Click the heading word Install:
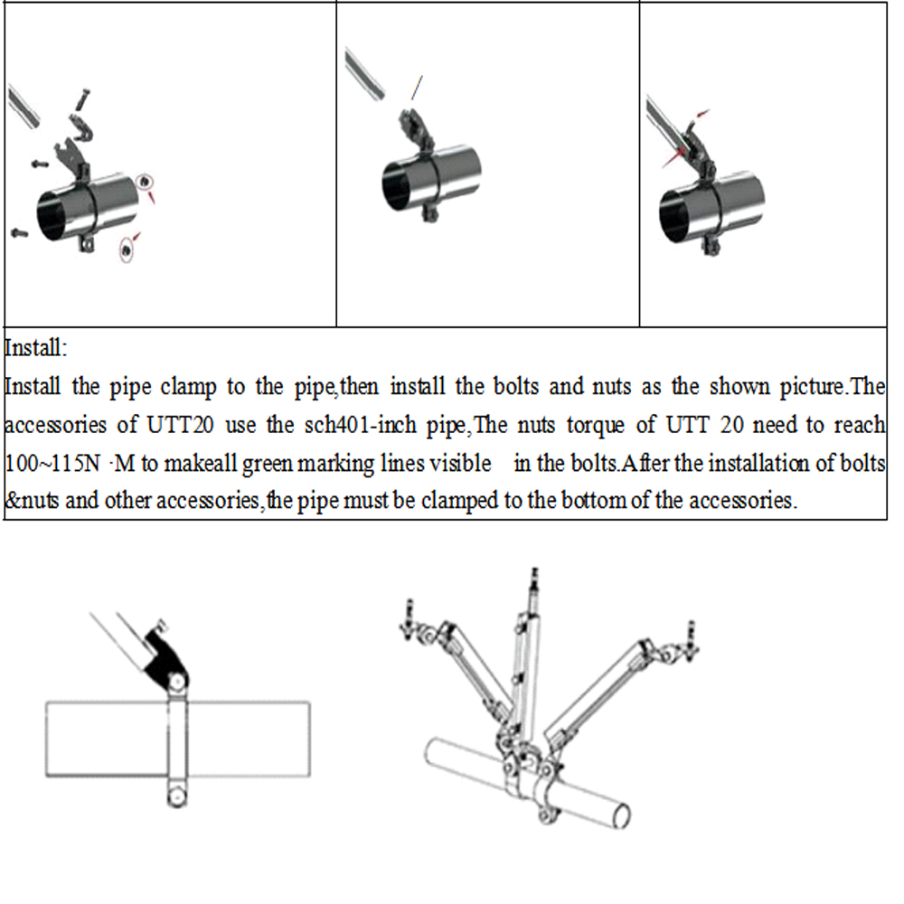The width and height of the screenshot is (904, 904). pos(36,348)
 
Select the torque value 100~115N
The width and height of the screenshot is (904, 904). pos(52,463)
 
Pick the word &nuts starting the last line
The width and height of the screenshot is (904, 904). pos(32,501)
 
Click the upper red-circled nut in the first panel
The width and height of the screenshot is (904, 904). pos(145,183)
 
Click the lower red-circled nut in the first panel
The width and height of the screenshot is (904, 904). pos(126,250)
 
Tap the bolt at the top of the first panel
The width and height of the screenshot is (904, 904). pos(82,99)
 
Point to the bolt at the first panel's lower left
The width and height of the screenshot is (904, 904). pos(18,232)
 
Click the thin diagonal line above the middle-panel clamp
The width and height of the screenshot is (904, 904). pos(416,88)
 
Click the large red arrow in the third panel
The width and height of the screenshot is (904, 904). pos(673,157)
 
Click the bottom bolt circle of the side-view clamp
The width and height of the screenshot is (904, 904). pos(176,796)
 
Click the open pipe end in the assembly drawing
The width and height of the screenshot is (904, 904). pos(622,815)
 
